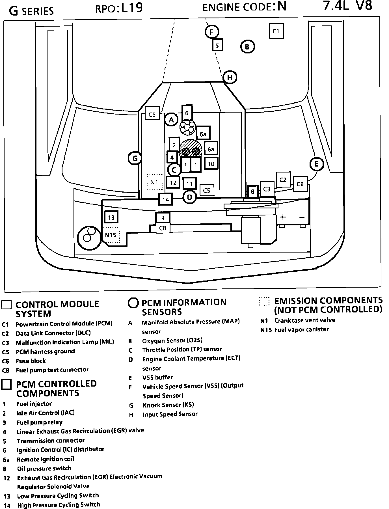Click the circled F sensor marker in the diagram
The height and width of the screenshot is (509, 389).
tap(212, 32)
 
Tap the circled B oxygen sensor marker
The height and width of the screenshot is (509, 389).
tap(247, 47)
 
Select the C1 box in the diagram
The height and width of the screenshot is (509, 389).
tap(276, 31)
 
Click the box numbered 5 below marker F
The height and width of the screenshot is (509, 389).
tap(217, 45)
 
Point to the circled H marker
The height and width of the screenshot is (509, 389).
tap(230, 77)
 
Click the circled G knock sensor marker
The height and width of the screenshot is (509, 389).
tap(135, 158)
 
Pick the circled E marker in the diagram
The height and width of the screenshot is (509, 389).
tap(316, 164)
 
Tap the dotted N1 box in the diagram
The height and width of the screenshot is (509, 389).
tap(154, 182)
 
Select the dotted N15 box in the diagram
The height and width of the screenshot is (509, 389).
tap(111, 235)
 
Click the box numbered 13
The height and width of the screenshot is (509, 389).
tap(111, 217)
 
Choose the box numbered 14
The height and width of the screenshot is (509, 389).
tap(166, 200)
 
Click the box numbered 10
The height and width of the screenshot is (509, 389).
tap(211, 164)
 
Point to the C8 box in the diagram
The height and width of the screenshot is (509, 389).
tap(163, 228)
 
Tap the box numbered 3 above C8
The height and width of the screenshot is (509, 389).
tap(163, 218)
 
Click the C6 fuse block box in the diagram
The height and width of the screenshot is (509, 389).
tap(300, 184)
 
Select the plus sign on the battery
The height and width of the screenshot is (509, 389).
tap(283, 217)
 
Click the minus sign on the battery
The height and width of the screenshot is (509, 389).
tap(302, 217)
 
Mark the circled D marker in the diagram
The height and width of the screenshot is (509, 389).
tap(190, 197)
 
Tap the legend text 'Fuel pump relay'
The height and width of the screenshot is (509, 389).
tap(40, 422)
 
